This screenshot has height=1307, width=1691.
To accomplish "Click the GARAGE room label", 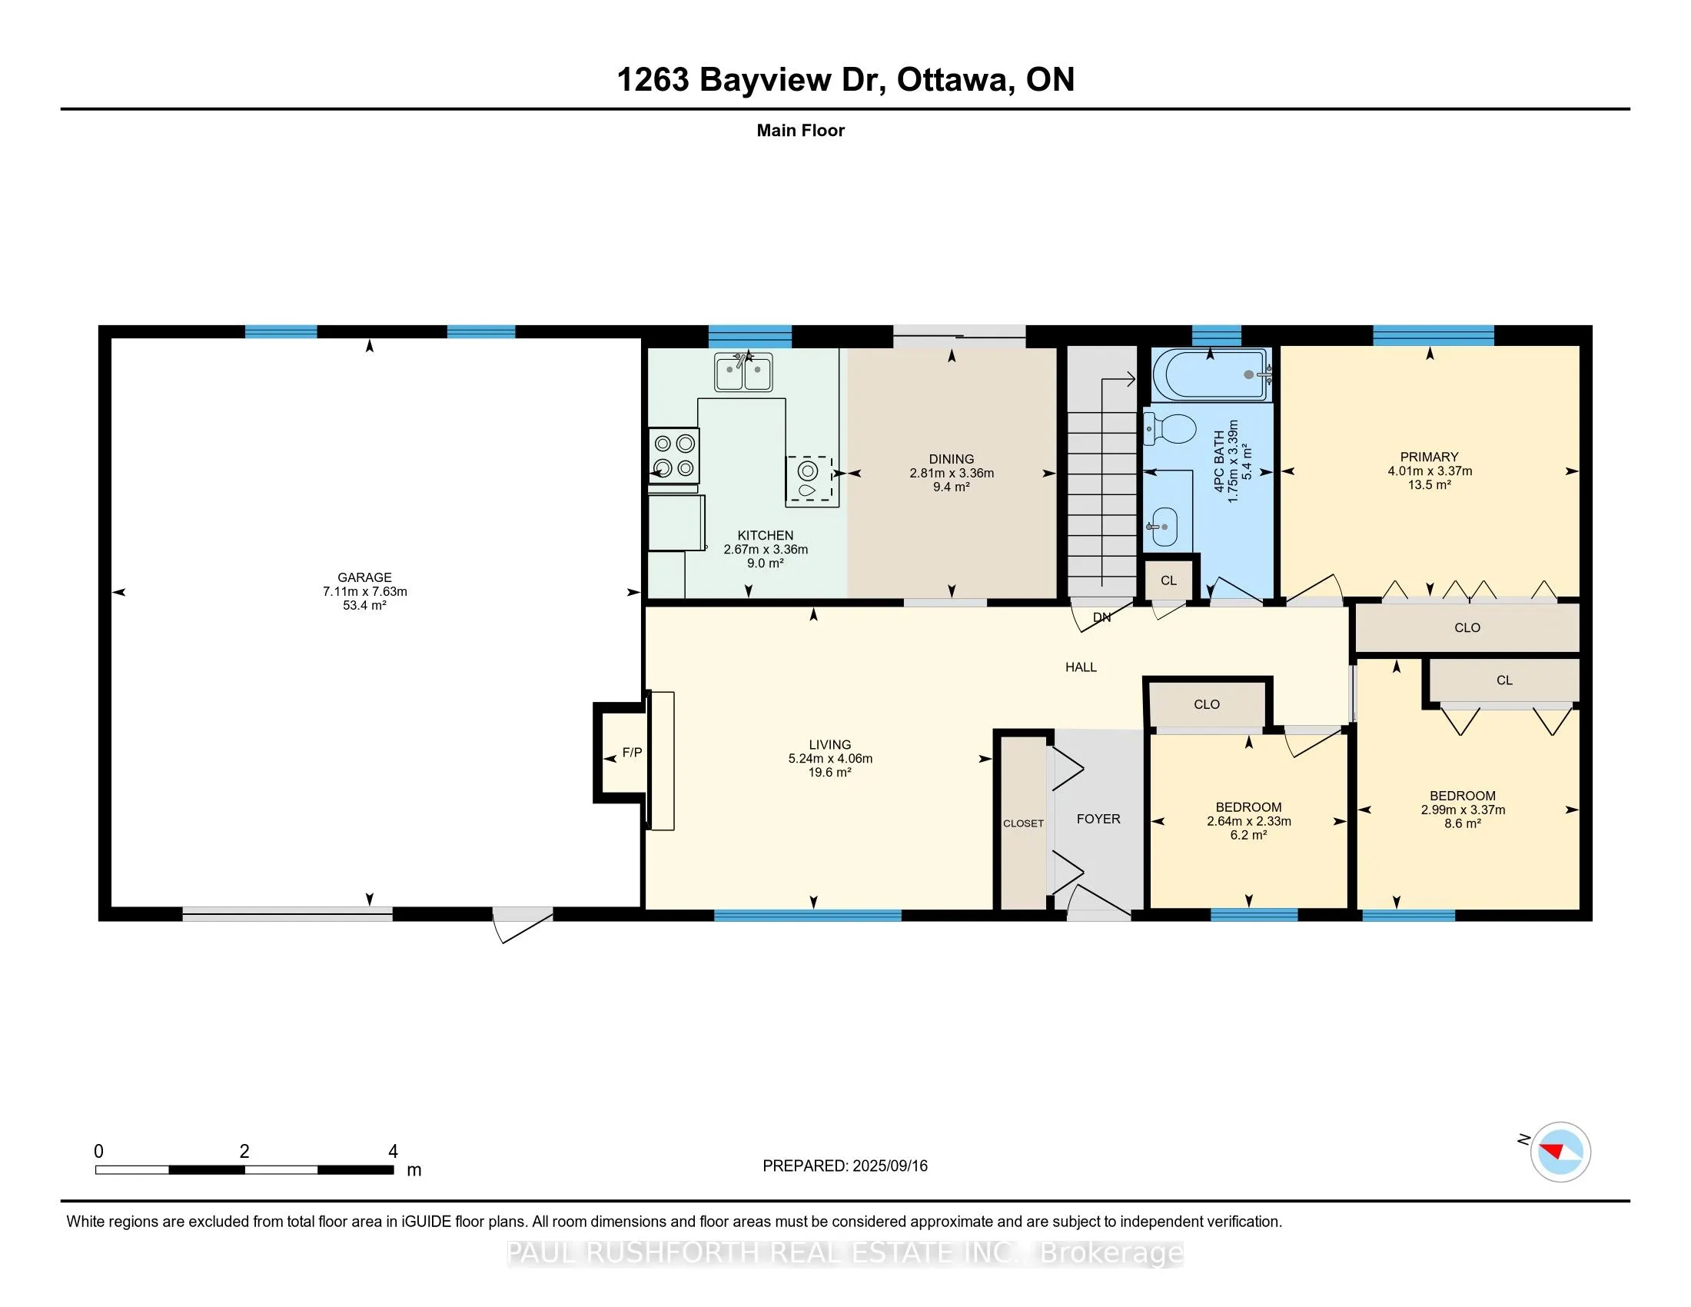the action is (364, 577).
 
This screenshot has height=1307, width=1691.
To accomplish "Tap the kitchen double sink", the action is (743, 372).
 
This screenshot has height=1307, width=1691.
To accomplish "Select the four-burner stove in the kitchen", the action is (673, 456).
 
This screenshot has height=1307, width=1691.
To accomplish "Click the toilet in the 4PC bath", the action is (1170, 428).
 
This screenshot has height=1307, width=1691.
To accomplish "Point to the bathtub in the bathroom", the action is (1211, 374).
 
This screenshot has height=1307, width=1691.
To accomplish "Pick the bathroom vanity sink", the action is (1161, 527).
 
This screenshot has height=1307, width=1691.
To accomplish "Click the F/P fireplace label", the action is (633, 753).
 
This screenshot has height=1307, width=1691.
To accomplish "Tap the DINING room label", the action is (952, 459).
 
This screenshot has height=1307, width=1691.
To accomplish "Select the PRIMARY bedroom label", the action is (1430, 457).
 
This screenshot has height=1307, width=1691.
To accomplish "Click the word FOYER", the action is (1098, 820).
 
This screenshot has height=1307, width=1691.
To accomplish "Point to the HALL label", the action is (1081, 667).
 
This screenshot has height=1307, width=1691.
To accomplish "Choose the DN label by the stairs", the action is (1101, 618).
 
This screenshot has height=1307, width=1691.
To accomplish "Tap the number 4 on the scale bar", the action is (394, 1152).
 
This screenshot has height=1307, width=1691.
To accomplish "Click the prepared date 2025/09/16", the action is (889, 1166).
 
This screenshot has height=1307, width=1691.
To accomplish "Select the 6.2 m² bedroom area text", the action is (1249, 836).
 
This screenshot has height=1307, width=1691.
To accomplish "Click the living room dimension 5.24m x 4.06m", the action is (830, 759).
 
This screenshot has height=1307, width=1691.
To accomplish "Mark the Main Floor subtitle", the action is (801, 131).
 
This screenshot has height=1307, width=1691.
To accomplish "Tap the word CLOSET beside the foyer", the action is (1023, 824).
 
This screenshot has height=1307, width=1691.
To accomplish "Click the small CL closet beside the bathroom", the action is (1168, 580).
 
